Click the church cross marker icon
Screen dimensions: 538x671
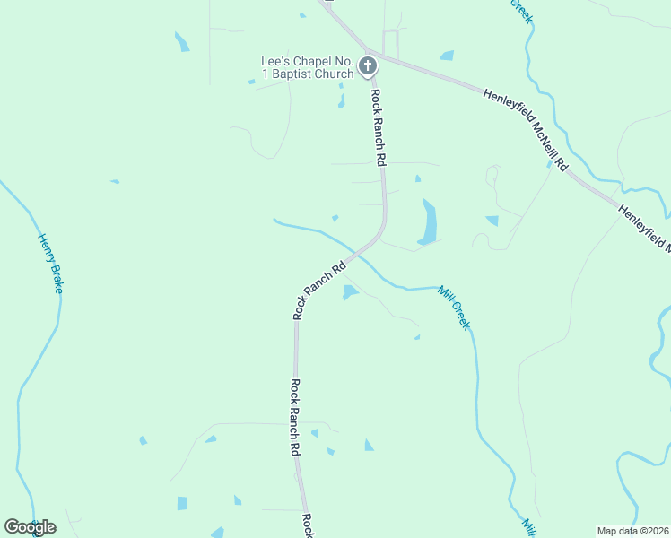pos(368,65)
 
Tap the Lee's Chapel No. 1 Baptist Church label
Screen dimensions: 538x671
pos(306,67)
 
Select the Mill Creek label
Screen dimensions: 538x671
pos(453,307)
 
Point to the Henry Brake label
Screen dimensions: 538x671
pos(51,264)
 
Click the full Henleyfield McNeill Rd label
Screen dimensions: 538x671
pos(526,129)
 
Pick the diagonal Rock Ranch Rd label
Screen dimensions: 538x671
pos(319,291)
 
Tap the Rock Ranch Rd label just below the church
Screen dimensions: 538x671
pos(379,128)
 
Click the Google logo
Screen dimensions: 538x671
pos(30,527)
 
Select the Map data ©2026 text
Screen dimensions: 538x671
pos(632,531)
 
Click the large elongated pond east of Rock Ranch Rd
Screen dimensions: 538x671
pos(429,221)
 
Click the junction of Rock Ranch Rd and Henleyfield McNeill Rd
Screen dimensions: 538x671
pos(370,53)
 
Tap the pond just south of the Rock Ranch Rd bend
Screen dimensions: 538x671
pos(349,292)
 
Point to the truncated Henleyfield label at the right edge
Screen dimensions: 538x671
pos(646,228)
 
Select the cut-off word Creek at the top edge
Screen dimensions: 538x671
pos(521,11)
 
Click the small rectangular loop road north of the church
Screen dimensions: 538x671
pos(390,42)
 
